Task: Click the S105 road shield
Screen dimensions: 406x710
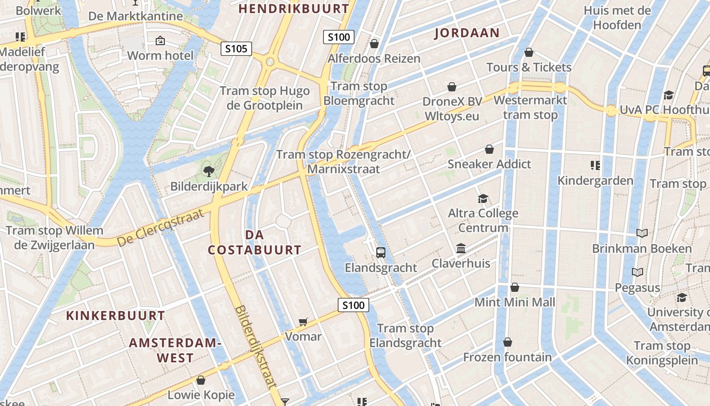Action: click(236, 49)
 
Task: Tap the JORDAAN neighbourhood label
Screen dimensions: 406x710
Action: click(467, 33)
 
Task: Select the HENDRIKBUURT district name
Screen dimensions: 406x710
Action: click(294, 9)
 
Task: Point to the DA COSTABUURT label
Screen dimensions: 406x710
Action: click(255, 242)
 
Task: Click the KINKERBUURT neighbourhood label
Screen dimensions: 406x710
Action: click(116, 316)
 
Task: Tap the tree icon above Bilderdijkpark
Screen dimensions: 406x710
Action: click(208, 172)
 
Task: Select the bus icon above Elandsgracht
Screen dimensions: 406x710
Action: click(380, 252)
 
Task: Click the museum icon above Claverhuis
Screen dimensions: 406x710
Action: click(461, 249)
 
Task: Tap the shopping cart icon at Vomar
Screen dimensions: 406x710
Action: click(303, 321)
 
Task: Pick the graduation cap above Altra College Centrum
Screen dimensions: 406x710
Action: click(483, 198)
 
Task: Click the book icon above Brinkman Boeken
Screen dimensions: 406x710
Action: click(642, 233)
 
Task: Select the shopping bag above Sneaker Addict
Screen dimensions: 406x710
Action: click(489, 149)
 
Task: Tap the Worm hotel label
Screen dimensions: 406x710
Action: click(160, 55)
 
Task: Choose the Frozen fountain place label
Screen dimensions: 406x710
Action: click(507, 357)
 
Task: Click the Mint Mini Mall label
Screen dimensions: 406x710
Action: click(515, 302)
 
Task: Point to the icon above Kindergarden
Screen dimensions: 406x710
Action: click(595, 165)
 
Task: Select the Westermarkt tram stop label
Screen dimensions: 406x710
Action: click(530, 108)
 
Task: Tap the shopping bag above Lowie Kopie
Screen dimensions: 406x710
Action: click(201, 380)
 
